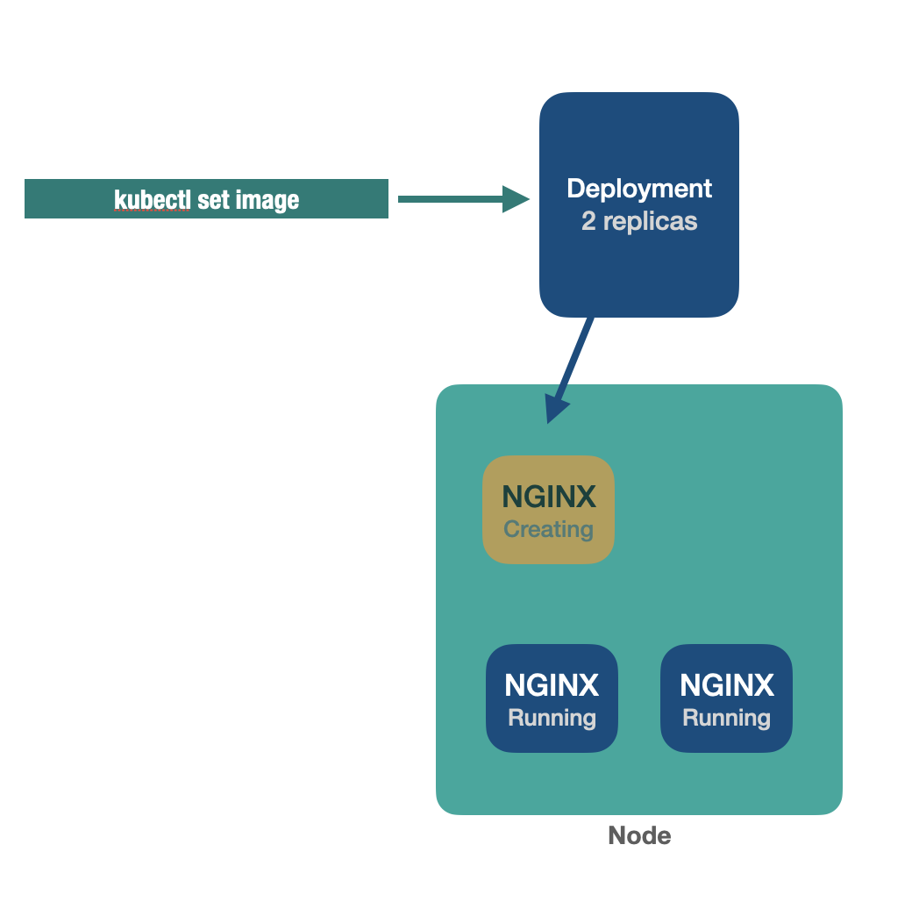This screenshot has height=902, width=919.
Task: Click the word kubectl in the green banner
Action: (x=152, y=200)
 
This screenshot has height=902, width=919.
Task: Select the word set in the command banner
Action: (x=213, y=200)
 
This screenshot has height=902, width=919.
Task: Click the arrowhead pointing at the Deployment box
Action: (x=516, y=199)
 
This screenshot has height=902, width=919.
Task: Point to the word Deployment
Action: (x=639, y=189)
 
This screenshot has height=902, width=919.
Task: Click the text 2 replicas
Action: (x=639, y=221)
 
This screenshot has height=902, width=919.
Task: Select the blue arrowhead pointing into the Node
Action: (x=556, y=408)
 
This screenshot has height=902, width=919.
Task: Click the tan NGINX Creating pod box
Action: (x=549, y=510)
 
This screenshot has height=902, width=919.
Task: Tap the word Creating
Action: (x=549, y=530)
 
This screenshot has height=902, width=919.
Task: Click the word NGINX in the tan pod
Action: (x=549, y=498)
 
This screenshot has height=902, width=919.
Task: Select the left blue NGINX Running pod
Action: (x=552, y=698)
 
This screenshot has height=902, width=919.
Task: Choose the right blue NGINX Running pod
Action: (x=726, y=698)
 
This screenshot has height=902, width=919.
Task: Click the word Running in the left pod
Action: (x=552, y=719)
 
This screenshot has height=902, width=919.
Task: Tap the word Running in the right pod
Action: (x=726, y=719)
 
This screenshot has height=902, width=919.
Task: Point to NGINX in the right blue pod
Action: (x=726, y=685)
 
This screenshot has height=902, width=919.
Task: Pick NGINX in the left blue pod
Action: (x=552, y=685)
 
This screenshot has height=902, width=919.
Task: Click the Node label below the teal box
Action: (x=639, y=836)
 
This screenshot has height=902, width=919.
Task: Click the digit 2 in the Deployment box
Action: (x=588, y=221)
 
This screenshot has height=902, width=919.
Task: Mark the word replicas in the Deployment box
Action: (x=651, y=221)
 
